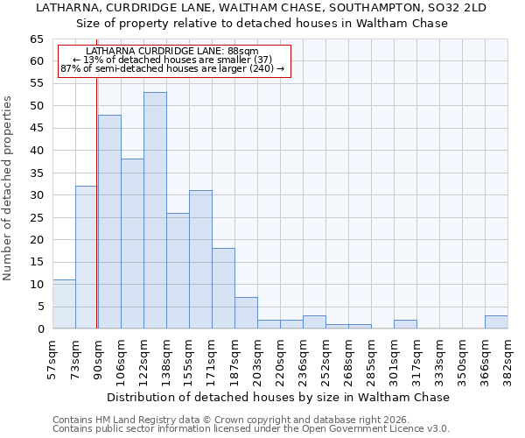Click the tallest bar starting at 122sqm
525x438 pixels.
point(155,210)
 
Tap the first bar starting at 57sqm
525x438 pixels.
point(64,304)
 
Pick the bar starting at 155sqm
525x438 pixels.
point(200,259)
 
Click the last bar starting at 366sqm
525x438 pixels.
point(496,322)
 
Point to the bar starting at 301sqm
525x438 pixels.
point(405,324)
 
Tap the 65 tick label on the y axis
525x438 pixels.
point(36,39)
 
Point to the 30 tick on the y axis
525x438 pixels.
point(36,195)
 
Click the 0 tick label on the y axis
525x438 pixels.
point(40,329)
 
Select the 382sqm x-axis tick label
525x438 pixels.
point(508,358)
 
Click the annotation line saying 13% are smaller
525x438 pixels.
point(172,60)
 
